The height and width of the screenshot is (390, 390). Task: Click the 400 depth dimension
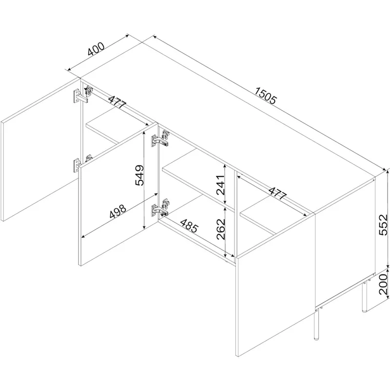(96, 49)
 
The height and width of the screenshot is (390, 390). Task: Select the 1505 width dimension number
(266, 96)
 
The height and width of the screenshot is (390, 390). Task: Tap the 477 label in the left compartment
(117, 101)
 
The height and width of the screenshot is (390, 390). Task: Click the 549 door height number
(139, 175)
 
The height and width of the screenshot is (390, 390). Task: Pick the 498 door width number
(117, 212)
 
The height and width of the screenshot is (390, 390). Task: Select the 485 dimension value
(189, 226)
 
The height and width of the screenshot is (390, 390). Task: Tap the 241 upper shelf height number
(221, 185)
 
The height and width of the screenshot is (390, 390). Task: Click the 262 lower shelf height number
(221, 229)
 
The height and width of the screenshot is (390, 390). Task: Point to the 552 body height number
(383, 225)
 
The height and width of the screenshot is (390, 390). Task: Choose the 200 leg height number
(383, 284)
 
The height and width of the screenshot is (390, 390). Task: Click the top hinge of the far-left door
(81, 95)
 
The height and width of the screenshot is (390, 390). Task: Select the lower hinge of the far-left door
(81, 163)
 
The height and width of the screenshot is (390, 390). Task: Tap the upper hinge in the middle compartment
(160, 139)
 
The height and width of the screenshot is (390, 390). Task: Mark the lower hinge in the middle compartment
(160, 208)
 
